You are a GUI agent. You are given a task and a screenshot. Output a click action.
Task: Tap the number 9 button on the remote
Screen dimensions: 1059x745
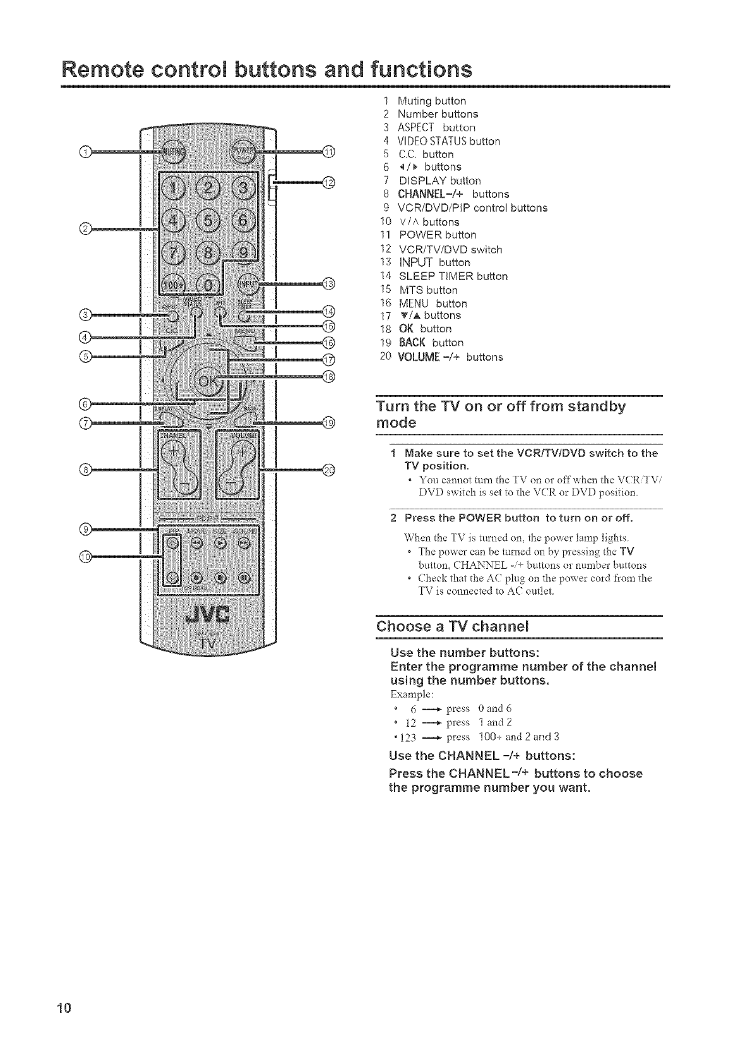[x=241, y=257]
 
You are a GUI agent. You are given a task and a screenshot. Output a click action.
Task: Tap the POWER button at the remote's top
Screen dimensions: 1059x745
[x=243, y=151]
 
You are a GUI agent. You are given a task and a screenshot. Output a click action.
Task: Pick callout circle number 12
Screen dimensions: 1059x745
[x=329, y=183]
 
